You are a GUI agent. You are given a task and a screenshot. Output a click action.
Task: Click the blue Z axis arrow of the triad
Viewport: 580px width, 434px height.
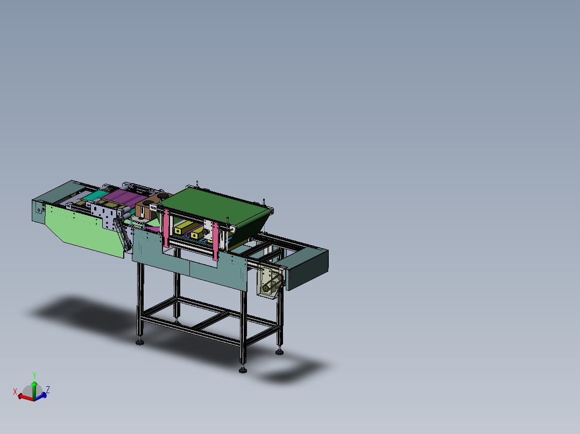43,395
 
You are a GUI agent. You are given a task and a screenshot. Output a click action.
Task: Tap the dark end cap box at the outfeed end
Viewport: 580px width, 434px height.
307,269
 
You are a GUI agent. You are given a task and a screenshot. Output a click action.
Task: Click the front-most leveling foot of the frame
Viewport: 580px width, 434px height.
243,370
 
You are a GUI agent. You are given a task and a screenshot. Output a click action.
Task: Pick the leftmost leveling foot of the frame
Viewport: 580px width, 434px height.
140,341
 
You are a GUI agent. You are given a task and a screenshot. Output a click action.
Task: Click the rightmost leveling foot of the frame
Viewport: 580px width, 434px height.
279,352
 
